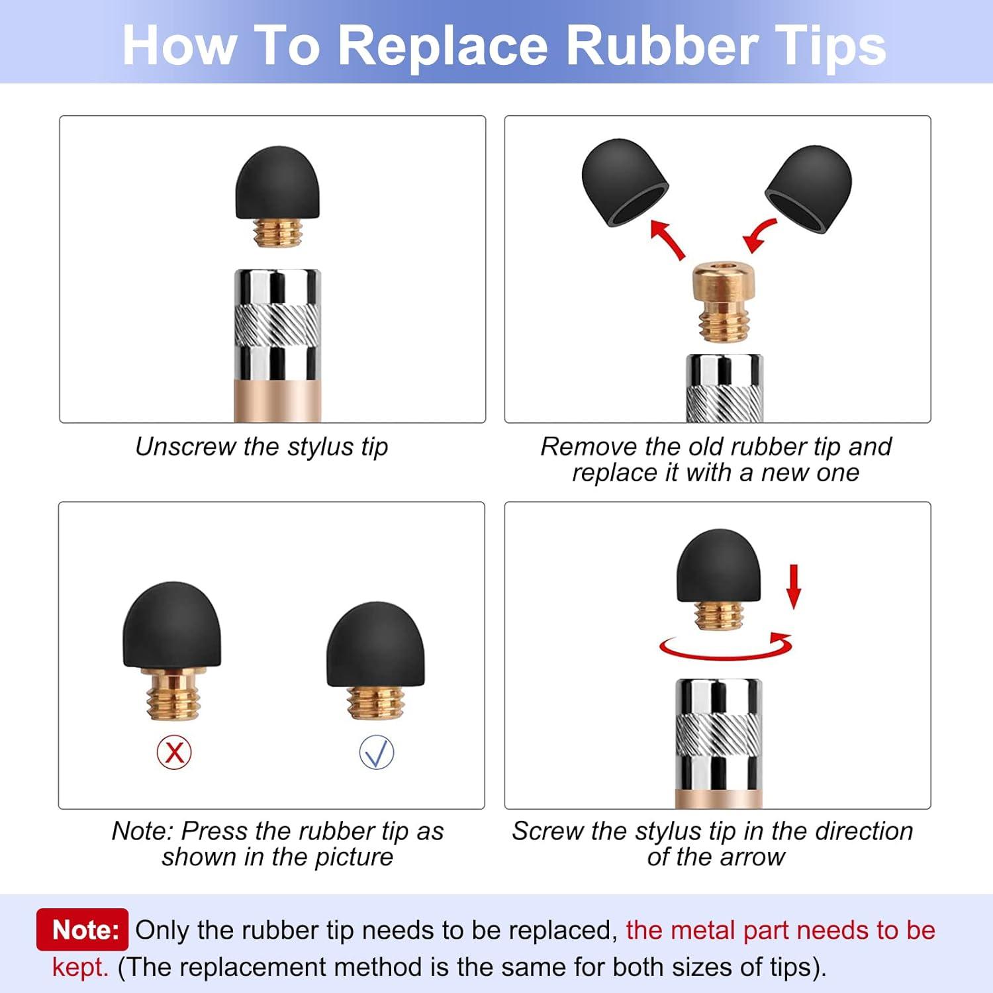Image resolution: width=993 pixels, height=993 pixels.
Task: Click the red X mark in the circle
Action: coord(174,752)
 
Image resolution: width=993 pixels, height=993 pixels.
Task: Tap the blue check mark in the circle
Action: coord(377,753)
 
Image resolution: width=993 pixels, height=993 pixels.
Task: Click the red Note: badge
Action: coord(82,929)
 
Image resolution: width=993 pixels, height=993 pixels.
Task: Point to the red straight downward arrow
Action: coord(794,587)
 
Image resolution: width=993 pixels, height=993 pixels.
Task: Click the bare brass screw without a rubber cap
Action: coord(724,303)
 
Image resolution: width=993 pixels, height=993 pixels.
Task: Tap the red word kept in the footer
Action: coord(80,967)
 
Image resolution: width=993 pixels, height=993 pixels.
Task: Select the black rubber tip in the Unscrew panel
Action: coord(277,183)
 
